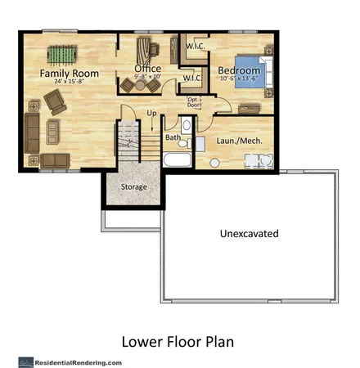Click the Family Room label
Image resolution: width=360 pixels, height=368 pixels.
(x=70, y=73)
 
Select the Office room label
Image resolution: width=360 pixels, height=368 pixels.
(x=147, y=68)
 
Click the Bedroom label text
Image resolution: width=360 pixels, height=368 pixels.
(x=239, y=71)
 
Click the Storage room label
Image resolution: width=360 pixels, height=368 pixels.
(x=134, y=187)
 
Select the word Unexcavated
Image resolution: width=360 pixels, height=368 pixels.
(x=249, y=234)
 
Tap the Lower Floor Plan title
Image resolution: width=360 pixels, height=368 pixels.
(x=180, y=340)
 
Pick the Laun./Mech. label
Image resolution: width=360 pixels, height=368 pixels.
(x=238, y=140)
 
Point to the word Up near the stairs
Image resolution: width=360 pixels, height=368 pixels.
(x=151, y=113)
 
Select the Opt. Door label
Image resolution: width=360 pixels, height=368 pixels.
(x=194, y=101)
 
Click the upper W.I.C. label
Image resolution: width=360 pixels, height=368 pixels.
(x=195, y=47)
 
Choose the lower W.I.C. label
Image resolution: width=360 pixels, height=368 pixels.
(x=191, y=79)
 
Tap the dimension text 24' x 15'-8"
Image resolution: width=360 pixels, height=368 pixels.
(x=70, y=83)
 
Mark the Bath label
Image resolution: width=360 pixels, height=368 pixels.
(x=173, y=138)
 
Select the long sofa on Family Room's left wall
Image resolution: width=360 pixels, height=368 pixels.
(x=32, y=131)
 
